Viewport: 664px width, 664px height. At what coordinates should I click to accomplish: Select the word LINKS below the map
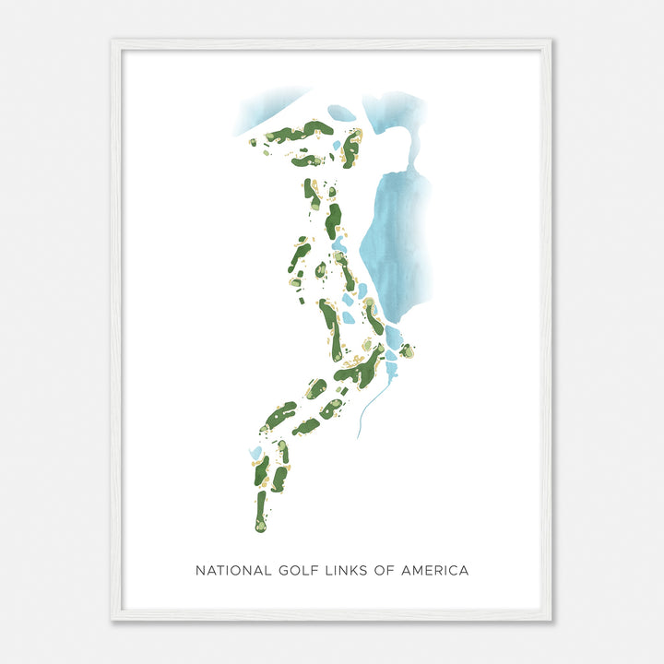[x=349, y=571]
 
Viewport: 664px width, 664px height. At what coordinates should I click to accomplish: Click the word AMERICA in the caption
[x=434, y=571]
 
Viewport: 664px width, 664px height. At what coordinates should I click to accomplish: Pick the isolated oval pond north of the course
[x=340, y=113]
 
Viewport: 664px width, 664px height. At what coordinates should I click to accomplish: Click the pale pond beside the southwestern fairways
[x=255, y=453]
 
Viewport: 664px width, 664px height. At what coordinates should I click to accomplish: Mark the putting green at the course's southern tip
[x=261, y=525]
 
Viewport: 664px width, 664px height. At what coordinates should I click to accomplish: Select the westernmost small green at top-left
[x=253, y=143]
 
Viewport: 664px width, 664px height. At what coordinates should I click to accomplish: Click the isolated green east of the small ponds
[x=407, y=350]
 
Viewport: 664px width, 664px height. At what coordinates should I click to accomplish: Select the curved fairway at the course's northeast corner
[x=350, y=148]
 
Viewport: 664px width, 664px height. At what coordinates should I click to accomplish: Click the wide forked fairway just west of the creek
[x=362, y=370]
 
